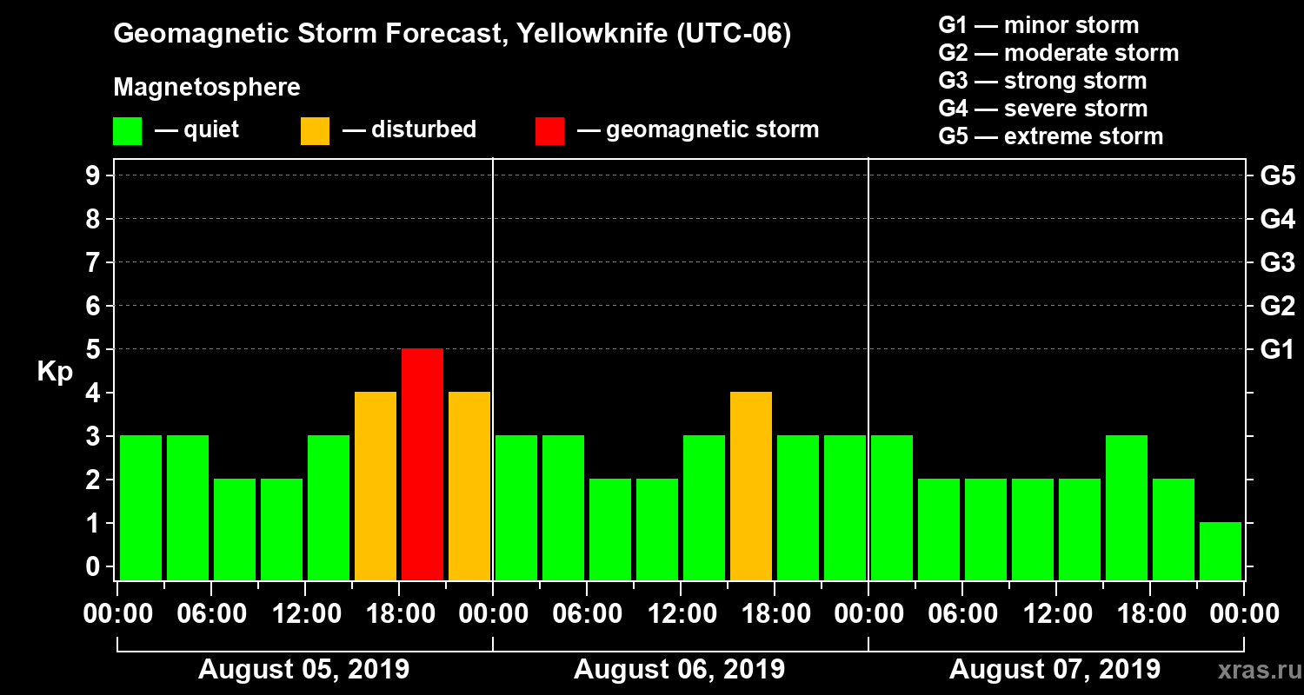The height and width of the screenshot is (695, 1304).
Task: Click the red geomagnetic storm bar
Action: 422,464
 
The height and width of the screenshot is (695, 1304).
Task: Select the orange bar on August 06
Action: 751,486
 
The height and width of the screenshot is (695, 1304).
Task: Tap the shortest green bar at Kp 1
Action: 1221,551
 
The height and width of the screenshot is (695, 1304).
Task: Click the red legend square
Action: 549,131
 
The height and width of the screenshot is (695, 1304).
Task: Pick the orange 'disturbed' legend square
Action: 315,131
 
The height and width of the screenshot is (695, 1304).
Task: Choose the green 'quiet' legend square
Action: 127,131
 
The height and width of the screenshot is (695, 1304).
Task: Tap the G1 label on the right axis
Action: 1277,349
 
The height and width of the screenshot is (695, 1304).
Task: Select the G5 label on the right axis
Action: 1277,175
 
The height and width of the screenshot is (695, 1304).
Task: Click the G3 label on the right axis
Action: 1277,262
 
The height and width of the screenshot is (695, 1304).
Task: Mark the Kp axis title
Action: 55,372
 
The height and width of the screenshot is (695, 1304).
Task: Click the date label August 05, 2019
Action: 304,670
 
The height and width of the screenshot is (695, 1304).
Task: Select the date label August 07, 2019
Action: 1055,670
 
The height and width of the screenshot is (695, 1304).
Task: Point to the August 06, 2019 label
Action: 679,670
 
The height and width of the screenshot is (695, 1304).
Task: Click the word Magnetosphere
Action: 207,88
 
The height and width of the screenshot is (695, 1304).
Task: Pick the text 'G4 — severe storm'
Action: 1043,109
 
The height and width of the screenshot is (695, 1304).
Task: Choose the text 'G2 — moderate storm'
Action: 1059,53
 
